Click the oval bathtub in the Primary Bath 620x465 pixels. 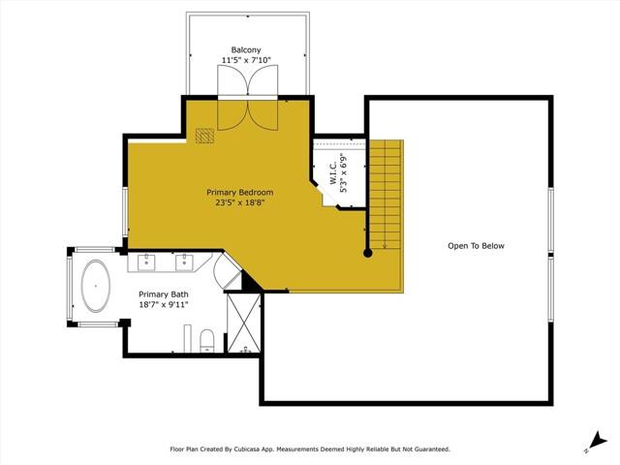pos(94,287)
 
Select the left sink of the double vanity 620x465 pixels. pos(148,261)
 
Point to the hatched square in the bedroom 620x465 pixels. pos(204,137)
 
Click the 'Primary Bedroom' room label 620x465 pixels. pos(240,192)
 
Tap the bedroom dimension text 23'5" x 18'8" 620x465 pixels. pos(240,202)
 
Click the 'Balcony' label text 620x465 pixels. pos(246,50)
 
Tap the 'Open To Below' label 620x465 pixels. pos(476,246)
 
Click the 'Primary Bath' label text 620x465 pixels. pos(163,294)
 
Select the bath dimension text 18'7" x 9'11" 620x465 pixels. pos(163,305)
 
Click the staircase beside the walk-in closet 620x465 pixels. pos(386,194)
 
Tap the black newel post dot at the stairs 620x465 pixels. pos(368,254)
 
